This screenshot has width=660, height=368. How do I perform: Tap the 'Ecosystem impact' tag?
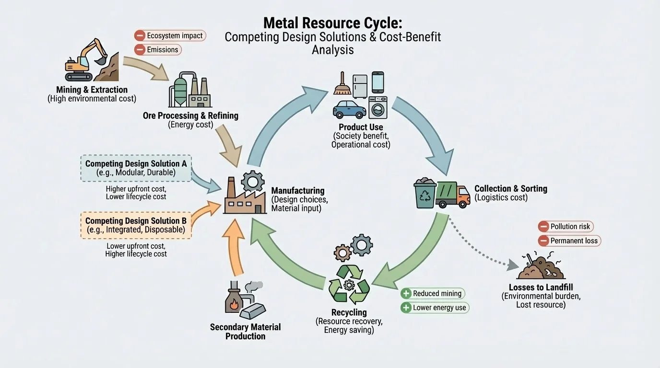170,35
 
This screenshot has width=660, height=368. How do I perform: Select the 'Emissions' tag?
157,49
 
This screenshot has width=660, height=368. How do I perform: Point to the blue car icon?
350,109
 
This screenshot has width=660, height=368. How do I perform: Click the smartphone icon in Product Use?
378,82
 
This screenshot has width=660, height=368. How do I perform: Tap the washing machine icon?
378,108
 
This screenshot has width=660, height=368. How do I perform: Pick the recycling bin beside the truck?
425,194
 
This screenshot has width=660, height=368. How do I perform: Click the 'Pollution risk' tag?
566,227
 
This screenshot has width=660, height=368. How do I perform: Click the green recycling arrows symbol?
349,284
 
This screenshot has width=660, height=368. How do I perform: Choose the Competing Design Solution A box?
136,168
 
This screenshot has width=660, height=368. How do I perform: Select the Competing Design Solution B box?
136,225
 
